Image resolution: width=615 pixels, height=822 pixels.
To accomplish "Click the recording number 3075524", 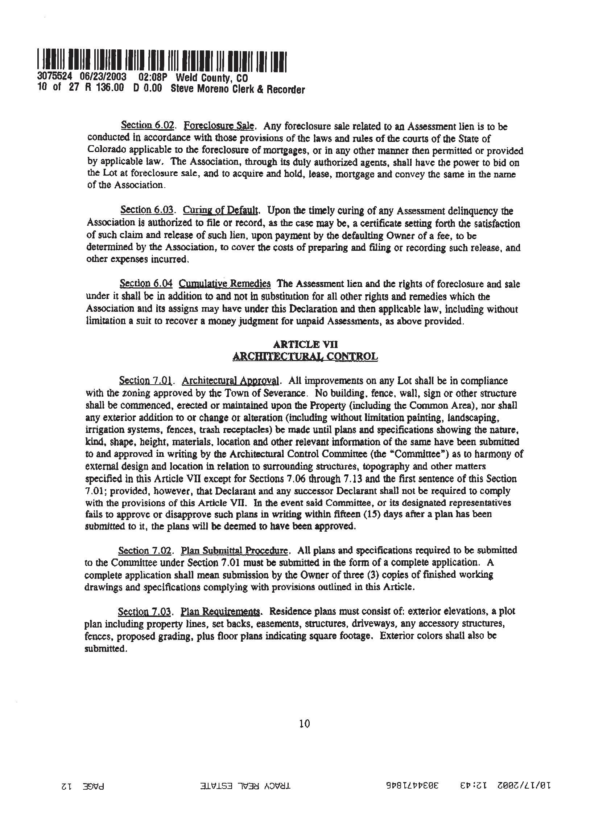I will coord(54,77).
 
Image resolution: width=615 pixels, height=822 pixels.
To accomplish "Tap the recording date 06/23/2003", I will coord(103,77).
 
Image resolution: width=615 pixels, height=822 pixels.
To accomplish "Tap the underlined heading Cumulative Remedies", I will coord(224,284).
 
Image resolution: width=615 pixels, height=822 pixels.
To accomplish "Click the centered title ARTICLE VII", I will coord(305,344).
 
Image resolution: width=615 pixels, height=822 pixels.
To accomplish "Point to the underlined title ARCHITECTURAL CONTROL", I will coord(305,357).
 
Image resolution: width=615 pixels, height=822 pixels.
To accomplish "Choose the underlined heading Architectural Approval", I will coord(230,381).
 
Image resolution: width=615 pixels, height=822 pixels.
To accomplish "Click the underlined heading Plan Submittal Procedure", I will coord(234,550).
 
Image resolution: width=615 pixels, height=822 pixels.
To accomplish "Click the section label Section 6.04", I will coord(146,284).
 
